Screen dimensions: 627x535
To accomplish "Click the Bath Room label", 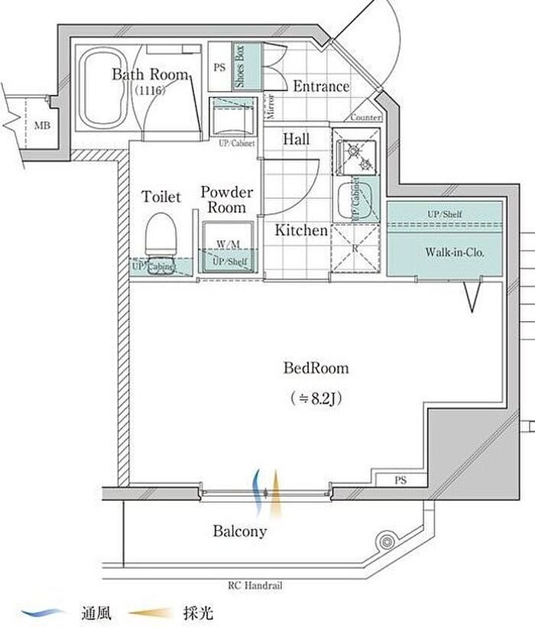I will pos(150,75).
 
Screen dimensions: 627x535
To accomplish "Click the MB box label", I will pos(41,125).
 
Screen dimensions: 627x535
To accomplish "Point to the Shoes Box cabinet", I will pos(240,66).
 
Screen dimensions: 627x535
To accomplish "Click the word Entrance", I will pos(321,86).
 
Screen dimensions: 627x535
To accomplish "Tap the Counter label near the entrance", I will pos(365,118).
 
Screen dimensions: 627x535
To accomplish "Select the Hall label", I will pos(296,139).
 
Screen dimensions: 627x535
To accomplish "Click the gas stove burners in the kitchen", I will pos(356,153).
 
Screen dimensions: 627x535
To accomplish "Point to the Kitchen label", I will pos(301,229).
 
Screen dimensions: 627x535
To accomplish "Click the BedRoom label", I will pos(316,369).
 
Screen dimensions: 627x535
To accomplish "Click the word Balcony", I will pos(239,531).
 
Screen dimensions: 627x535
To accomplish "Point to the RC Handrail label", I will pos(255,586).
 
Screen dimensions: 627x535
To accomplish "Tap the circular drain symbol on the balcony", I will pos(385,541).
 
